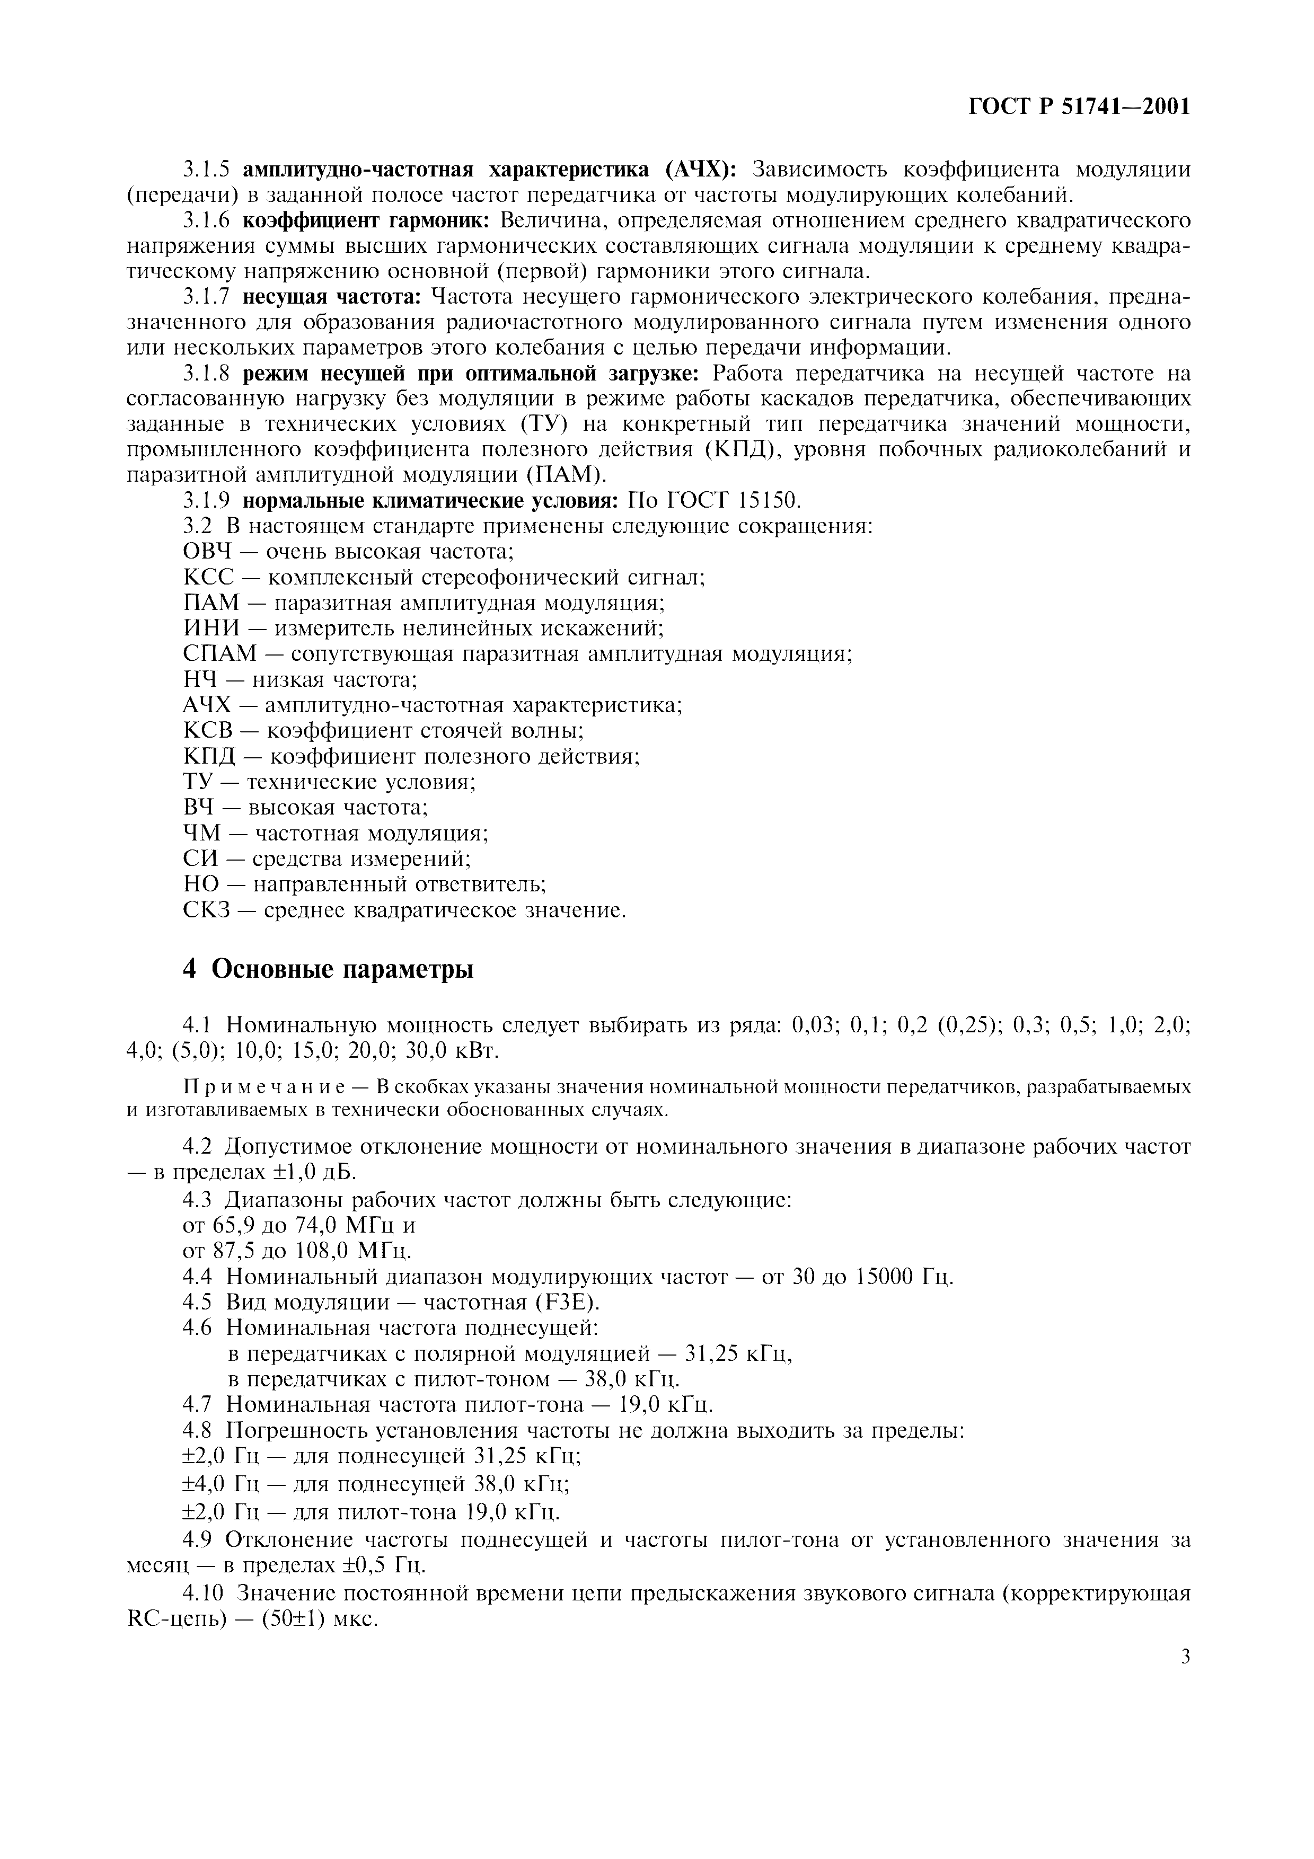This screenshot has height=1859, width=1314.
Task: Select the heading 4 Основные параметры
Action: click(328, 969)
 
